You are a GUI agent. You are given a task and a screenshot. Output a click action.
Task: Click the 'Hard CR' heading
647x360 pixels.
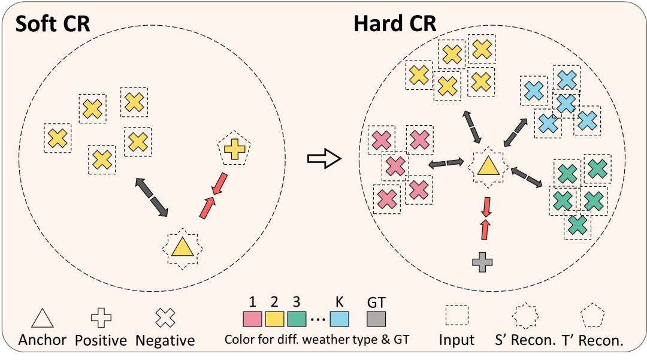pyautogui.click(x=395, y=25)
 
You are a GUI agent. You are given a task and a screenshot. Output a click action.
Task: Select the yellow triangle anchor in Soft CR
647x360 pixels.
pyautogui.click(x=181, y=247)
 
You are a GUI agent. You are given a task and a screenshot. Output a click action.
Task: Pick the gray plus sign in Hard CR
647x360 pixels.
pyautogui.click(x=483, y=262)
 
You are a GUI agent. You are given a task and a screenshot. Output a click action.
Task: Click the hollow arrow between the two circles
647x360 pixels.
pyautogui.click(x=324, y=159)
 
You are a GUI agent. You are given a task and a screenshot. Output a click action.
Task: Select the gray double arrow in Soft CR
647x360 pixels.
pyautogui.click(x=152, y=197)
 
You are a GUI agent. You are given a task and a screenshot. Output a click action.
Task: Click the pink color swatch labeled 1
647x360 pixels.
pyautogui.click(x=252, y=317)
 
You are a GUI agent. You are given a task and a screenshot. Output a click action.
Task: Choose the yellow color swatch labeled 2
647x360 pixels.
pyautogui.click(x=275, y=317)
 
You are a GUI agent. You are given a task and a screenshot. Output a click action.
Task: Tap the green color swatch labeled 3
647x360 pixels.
pyautogui.click(x=297, y=317)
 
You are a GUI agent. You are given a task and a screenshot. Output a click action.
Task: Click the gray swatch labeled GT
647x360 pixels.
pyautogui.click(x=376, y=317)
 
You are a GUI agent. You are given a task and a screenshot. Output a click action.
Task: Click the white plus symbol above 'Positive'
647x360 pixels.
pyautogui.click(x=100, y=319)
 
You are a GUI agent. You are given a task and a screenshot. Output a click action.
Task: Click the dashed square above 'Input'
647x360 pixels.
pyautogui.click(x=456, y=315)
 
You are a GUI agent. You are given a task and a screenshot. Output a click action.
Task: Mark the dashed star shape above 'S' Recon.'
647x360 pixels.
pyautogui.click(x=524, y=316)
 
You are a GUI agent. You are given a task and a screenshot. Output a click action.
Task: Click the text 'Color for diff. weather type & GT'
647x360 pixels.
pyautogui.click(x=316, y=340)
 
